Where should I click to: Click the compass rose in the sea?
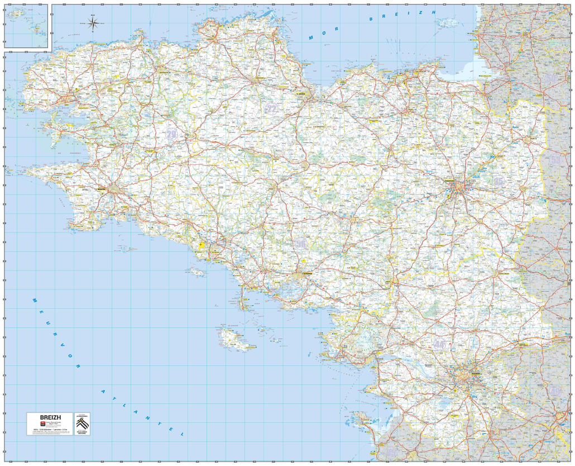94,23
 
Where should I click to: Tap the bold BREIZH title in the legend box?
49,417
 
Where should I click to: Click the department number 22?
272,108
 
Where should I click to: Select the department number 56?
301,244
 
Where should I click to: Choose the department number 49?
555,391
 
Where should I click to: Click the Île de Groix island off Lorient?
197,272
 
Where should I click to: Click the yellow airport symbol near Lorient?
202,244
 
